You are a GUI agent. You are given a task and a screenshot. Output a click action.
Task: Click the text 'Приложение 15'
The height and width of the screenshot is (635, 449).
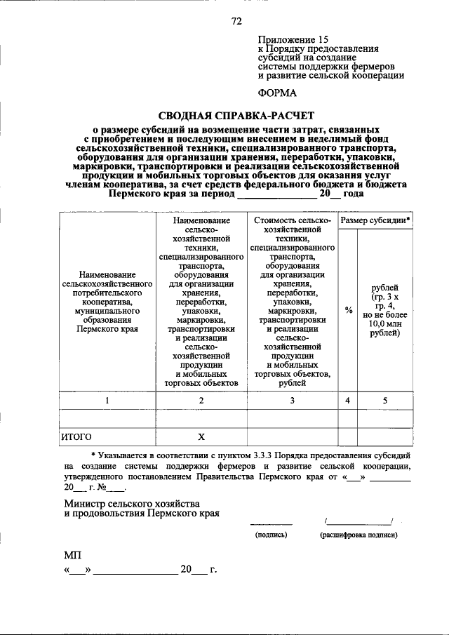[293, 40]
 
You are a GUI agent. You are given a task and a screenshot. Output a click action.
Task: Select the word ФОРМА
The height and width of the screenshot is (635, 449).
[276, 92]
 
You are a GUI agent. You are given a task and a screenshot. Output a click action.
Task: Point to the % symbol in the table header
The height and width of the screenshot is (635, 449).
[348, 309]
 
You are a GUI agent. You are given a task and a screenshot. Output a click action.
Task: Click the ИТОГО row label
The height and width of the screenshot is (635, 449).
[77, 436]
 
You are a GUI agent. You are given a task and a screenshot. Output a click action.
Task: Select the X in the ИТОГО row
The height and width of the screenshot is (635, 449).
[201, 436]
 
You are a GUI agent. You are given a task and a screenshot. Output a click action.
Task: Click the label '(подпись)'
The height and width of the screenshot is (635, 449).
[271, 535]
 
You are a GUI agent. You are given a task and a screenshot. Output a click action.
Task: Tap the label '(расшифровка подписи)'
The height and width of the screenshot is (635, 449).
[358, 535]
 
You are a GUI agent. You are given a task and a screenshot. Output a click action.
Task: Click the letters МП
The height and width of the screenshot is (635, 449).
[72, 556]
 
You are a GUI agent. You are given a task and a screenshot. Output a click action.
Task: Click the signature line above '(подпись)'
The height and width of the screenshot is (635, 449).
[271, 523]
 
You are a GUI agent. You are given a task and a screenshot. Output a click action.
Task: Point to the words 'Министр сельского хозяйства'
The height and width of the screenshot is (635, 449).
[131, 504]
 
